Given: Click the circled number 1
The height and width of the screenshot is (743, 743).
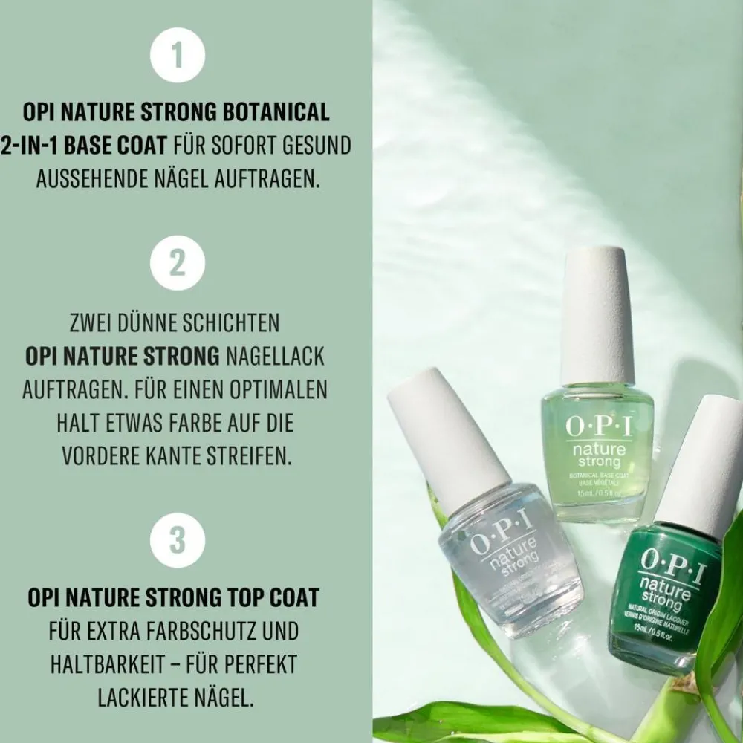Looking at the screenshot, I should pos(177,56).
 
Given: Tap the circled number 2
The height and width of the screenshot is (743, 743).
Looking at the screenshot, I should pos(177,263).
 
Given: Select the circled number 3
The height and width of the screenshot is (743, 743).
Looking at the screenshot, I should pos(177,540).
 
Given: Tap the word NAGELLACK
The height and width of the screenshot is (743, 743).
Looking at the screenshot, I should pos(276,356).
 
